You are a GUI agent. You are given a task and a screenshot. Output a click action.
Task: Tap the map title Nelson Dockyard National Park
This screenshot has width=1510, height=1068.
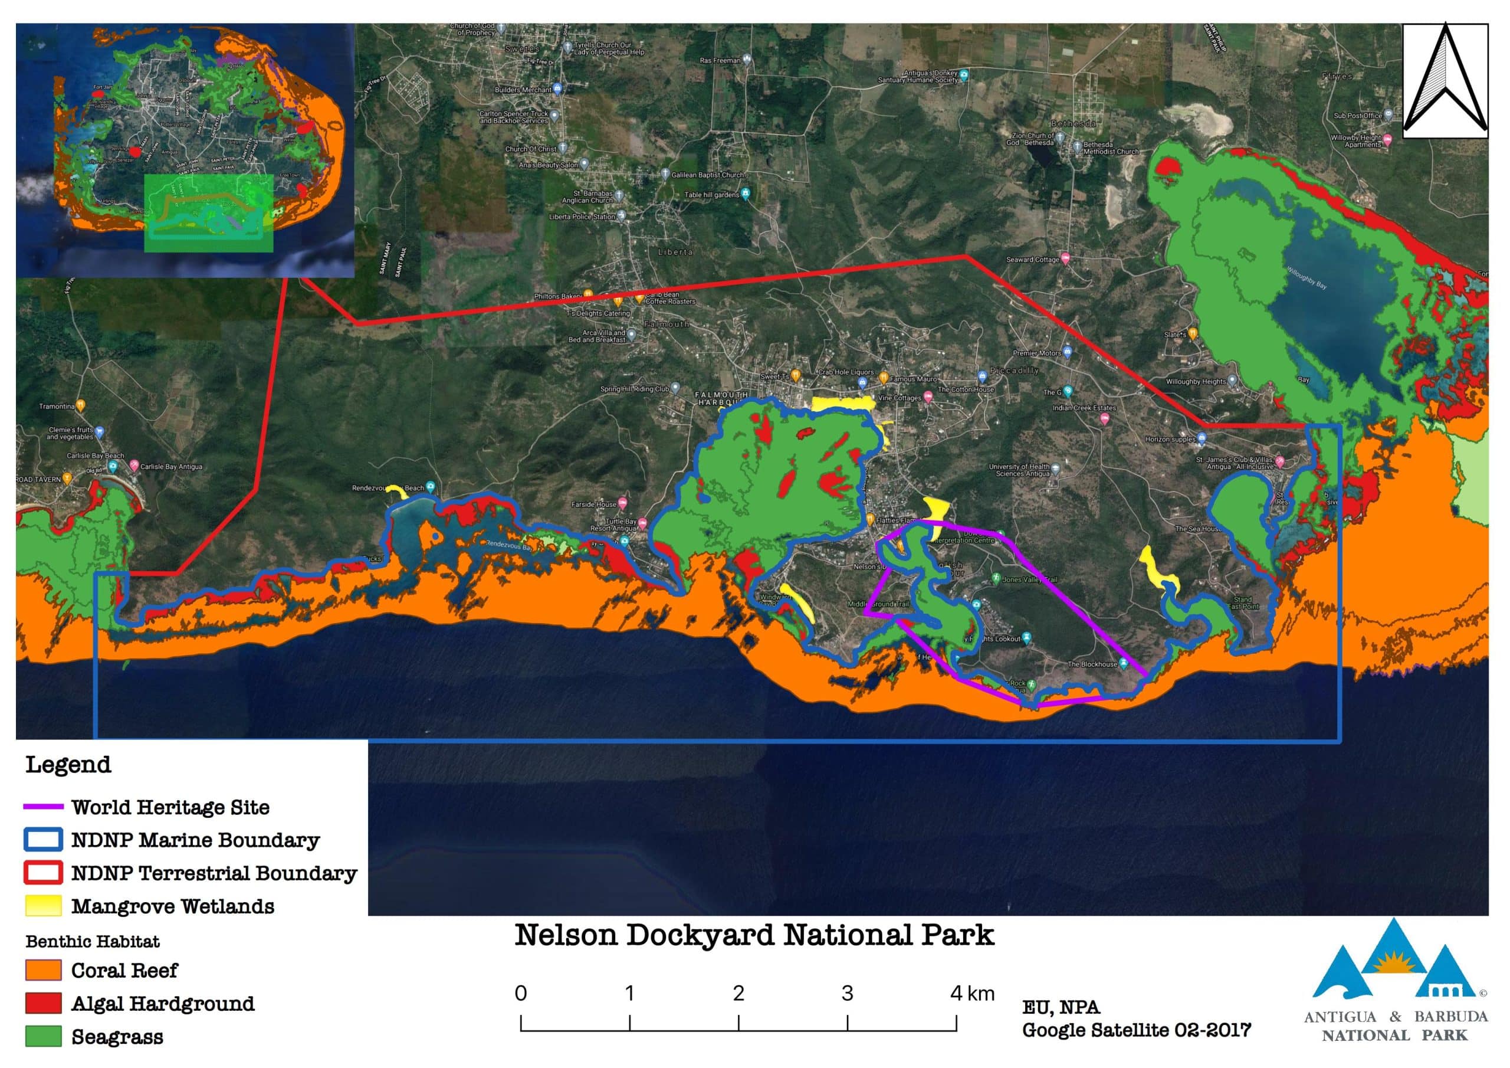754,935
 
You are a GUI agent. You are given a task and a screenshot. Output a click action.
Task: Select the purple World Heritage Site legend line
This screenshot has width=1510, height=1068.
44,807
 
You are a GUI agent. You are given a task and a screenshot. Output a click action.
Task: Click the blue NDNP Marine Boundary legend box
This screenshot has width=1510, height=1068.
44,840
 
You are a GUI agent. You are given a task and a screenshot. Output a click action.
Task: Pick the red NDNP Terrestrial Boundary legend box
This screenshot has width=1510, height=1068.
44,873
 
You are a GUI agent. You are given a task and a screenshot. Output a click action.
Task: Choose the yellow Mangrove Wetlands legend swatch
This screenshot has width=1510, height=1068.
44,906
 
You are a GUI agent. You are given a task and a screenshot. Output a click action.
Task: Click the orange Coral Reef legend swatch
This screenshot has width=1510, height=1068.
44,970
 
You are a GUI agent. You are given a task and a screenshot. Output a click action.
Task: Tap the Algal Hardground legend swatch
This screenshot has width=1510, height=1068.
44,1004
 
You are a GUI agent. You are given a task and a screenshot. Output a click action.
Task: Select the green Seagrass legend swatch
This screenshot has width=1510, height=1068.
44,1036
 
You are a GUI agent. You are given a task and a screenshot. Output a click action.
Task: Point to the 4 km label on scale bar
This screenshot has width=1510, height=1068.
972,993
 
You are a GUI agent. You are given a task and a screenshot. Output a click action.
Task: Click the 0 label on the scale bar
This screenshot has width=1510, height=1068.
521,993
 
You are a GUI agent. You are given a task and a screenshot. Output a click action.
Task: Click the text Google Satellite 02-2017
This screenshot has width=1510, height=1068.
1136,1030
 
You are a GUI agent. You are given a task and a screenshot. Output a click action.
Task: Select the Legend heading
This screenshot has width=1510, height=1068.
68,765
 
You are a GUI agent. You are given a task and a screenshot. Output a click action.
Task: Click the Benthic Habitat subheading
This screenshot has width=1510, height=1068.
93,942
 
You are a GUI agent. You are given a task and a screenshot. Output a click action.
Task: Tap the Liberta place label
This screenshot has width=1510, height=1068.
675,252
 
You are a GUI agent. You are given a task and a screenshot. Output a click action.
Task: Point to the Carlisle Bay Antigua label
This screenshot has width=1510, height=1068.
171,467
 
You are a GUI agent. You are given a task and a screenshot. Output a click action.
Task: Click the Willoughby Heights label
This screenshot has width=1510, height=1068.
1196,382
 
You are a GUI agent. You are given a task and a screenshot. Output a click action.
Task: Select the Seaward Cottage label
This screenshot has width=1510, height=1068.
1033,259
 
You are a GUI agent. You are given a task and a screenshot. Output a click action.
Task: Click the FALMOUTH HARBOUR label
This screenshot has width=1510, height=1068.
721,398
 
